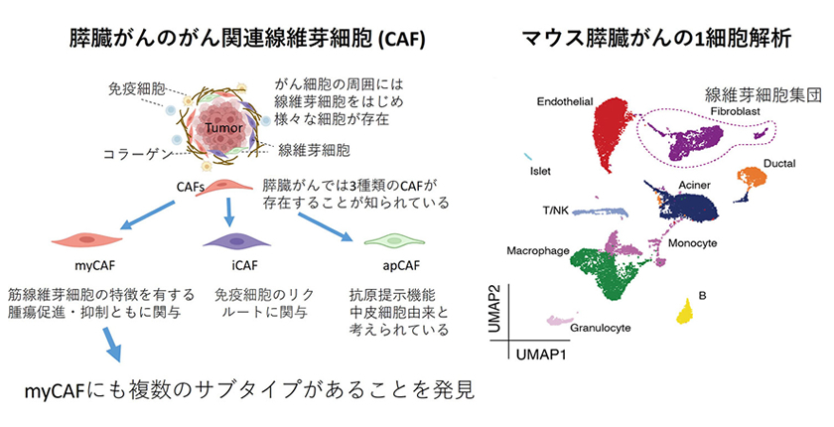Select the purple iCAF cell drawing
point(230,241)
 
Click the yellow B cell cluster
point(685,312)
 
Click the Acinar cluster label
point(693,186)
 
